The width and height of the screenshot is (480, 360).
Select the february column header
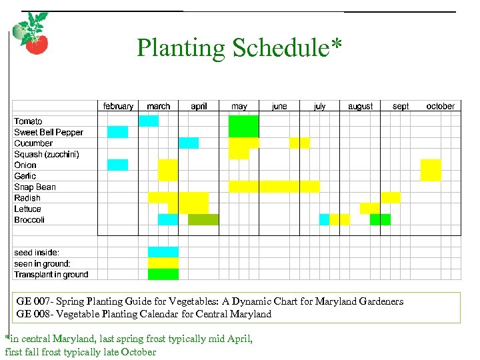(118, 106)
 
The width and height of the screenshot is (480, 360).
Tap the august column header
(360, 106)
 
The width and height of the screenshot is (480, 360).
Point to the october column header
(440, 106)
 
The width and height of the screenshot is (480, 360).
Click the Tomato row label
(28, 121)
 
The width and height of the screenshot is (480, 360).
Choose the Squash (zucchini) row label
(47, 154)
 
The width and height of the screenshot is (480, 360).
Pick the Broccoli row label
(29, 220)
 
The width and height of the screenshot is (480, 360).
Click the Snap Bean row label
(35, 187)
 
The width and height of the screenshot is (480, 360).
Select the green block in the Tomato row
(243, 126)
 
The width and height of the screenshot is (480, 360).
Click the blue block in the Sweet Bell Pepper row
(117, 132)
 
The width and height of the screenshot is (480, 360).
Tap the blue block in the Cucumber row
(189, 143)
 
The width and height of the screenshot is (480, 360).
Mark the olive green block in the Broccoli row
(203, 220)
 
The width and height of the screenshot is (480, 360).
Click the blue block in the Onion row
(117, 165)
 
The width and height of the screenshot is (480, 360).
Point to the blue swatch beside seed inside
(163, 252)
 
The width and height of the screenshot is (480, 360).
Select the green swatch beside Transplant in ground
(163, 274)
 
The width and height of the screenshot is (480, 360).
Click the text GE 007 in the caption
(31, 301)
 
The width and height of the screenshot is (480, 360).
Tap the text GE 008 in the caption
(31, 314)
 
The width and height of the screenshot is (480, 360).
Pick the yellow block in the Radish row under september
(391, 197)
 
